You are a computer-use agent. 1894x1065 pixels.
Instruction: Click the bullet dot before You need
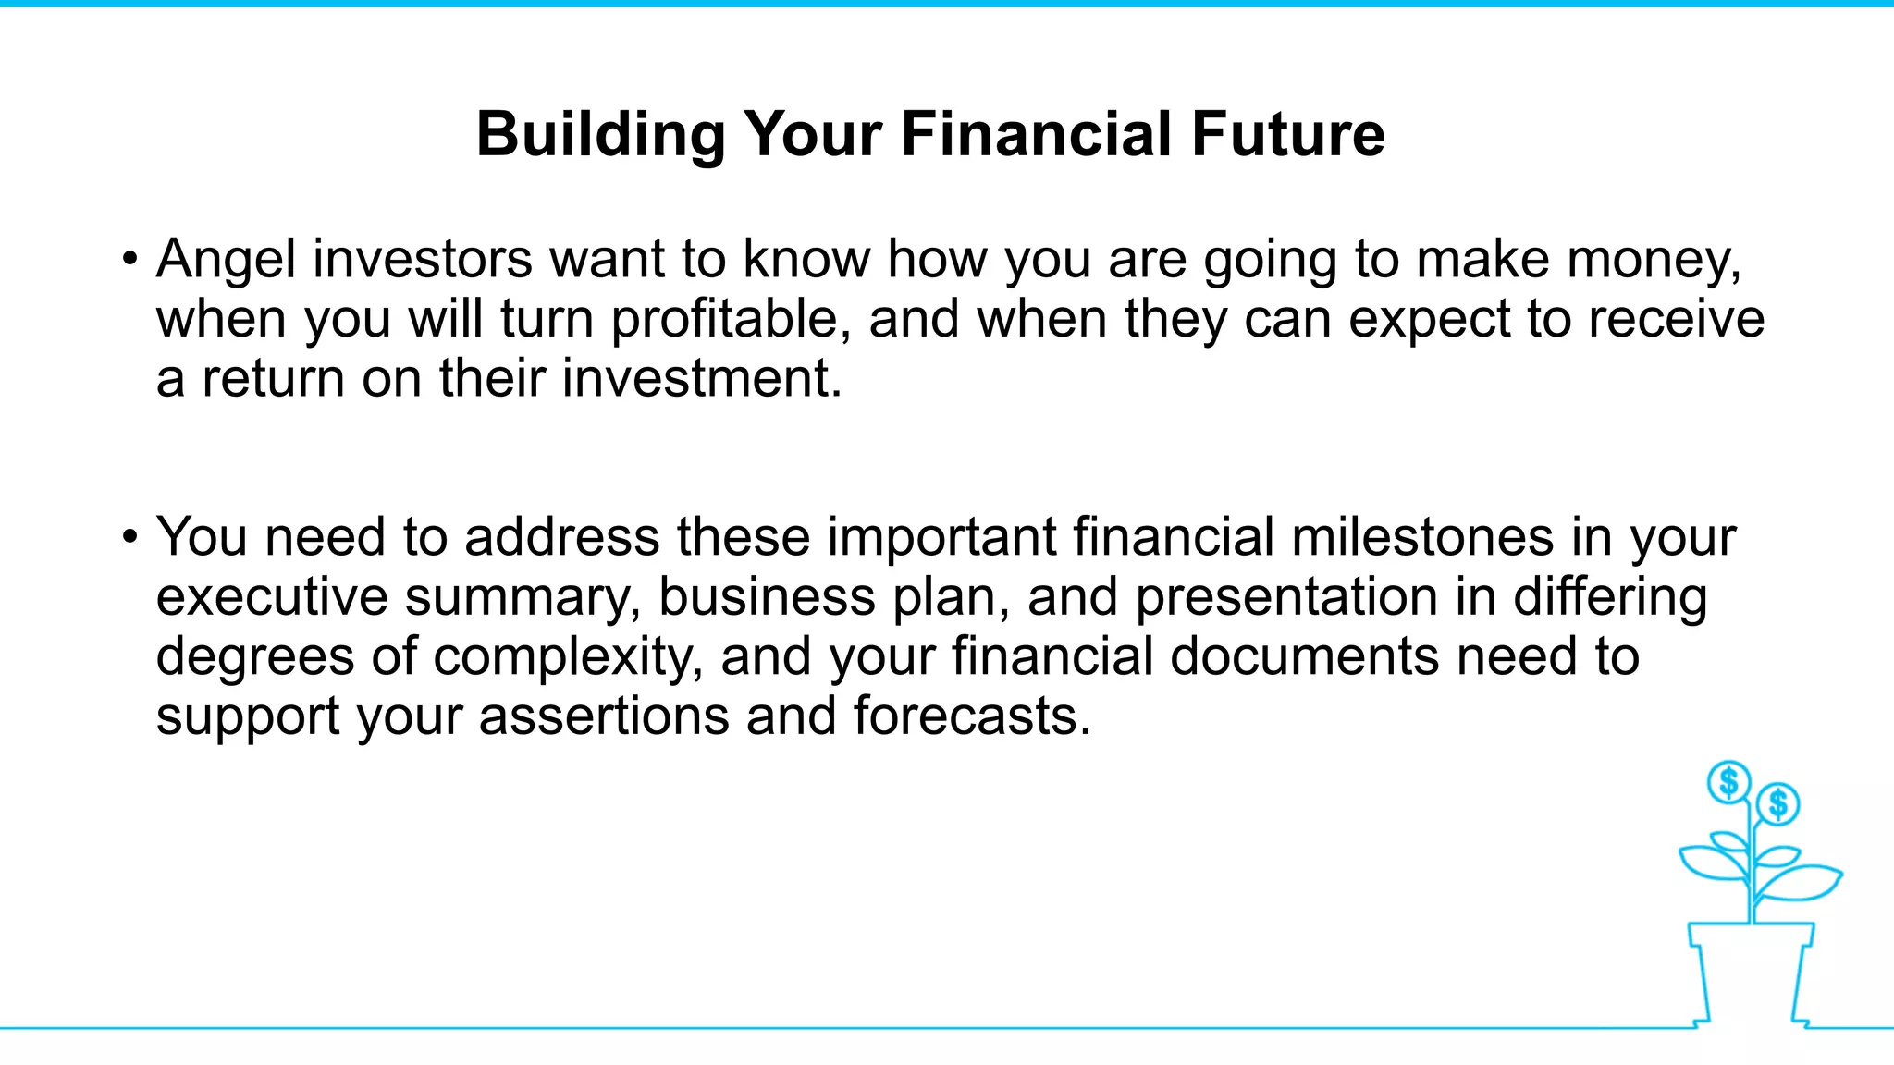[130, 536]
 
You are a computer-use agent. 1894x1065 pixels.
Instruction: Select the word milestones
[1422, 538]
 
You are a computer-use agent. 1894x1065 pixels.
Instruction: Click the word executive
[272, 597]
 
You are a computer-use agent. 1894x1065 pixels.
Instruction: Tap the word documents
[1304, 657]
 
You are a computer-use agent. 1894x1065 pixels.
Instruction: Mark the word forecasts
[971, 716]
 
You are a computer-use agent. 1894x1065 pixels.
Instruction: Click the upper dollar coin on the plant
[1728, 782]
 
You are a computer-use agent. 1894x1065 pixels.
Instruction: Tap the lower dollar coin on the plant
[1777, 803]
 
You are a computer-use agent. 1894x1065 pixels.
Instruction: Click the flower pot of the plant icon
[1750, 971]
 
